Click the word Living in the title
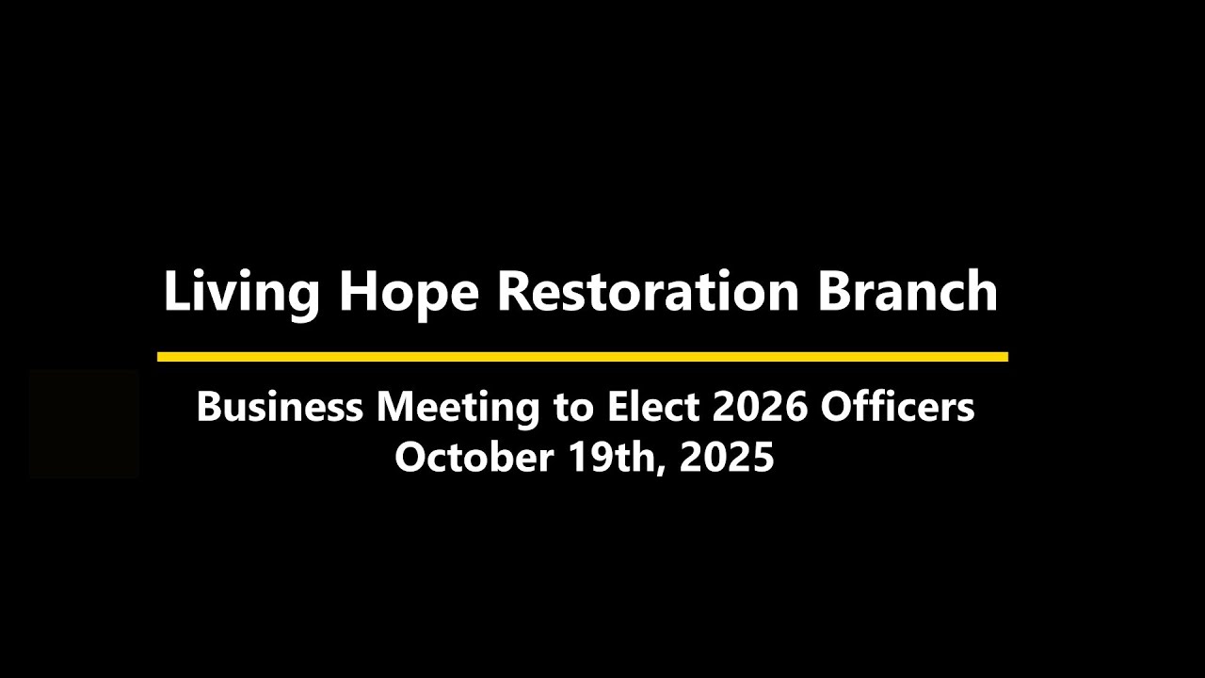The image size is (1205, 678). coord(242,292)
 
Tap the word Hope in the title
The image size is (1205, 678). coord(409,294)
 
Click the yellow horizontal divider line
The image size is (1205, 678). coord(583,357)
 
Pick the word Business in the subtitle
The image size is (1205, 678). coord(280,407)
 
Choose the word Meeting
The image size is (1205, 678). coord(458,410)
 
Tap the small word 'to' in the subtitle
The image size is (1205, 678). coord(573,409)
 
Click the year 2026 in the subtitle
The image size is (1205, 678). coord(760,407)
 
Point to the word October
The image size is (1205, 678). coord(474,457)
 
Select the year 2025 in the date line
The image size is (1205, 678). coord(727,457)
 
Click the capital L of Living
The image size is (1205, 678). coord(178,291)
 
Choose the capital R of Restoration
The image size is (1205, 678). coord(517,291)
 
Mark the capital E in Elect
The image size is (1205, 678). coord(619,407)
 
